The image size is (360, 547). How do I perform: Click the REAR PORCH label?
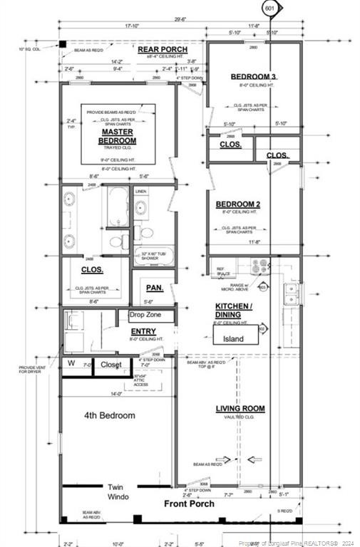[163, 49]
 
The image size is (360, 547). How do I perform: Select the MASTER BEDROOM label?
[118, 136]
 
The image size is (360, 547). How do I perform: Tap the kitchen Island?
[234, 339]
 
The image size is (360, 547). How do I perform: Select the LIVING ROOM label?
[240, 409]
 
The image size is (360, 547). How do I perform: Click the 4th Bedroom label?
[109, 415]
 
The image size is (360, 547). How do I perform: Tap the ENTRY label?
[143, 332]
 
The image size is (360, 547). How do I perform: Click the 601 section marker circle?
[270, 9]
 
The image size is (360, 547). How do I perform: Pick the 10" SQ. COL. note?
[28, 48]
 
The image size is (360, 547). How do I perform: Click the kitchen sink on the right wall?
[290, 293]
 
